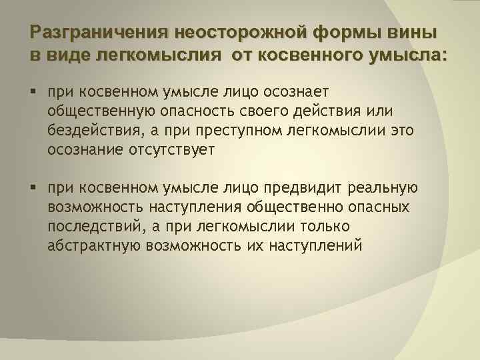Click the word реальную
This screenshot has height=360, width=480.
pyautogui.click(x=389, y=187)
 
